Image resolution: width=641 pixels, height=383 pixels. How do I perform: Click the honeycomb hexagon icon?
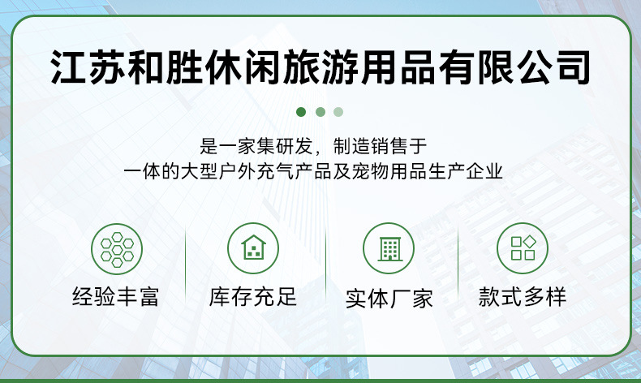click(x=117, y=248)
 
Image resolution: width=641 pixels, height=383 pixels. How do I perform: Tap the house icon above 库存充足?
click(x=252, y=248)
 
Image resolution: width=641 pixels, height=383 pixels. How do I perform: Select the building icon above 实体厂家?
click(x=389, y=248)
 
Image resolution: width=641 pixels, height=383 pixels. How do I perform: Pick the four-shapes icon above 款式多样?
click(x=523, y=248)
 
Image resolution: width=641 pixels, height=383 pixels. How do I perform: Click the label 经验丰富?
click(x=116, y=297)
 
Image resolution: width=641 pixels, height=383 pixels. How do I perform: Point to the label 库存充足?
click(x=253, y=297)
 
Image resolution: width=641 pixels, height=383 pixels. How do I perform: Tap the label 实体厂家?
click(x=389, y=298)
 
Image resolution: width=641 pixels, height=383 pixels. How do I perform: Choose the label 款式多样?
click(x=523, y=297)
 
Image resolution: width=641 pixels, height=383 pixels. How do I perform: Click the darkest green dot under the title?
click(x=301, y=112)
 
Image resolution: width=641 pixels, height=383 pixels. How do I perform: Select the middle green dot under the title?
click(x=320, y=112)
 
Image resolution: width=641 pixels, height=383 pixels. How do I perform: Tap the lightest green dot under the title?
click(x=338, y=112)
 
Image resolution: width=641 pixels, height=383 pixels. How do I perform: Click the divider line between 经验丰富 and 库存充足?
click(x=186, y=268)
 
